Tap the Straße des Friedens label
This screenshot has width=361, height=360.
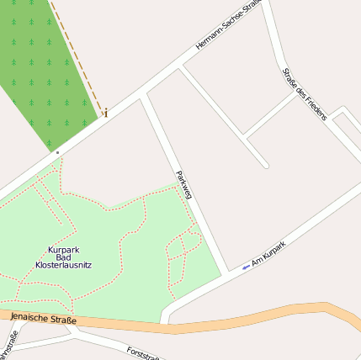point(304,93)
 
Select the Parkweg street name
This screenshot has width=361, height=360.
point(184,184)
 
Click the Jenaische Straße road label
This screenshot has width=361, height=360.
point(43,318)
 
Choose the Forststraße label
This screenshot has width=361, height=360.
point(144,352)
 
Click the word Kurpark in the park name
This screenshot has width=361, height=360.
point(64,250)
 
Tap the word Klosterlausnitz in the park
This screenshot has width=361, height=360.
point(64,265)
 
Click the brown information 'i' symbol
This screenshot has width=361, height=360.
point(105,112)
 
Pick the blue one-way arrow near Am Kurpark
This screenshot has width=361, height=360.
point(246,267)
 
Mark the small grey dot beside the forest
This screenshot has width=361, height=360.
point(57,152)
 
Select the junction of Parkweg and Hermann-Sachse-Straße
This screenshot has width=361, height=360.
point(144,94)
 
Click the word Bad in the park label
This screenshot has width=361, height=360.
point(64,257)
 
